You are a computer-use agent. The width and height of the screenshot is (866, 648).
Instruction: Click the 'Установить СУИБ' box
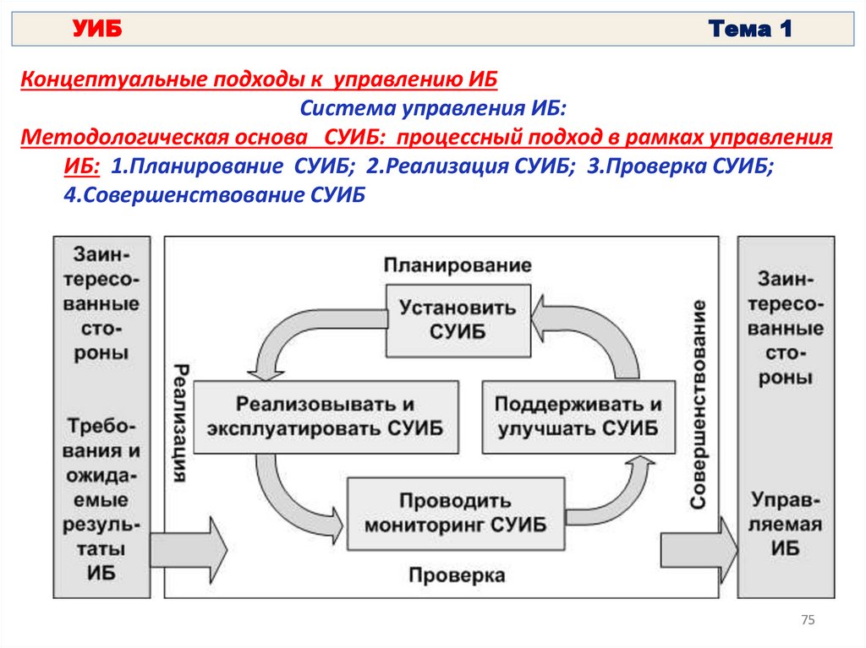457,318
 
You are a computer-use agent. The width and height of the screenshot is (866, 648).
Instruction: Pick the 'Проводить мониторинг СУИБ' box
456,513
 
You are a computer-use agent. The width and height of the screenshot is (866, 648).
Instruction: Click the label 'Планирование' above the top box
458,265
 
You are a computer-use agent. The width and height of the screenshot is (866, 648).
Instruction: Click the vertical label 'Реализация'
180,423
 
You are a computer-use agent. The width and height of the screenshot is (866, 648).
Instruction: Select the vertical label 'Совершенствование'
698,403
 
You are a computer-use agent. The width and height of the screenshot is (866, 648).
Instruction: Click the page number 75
807,621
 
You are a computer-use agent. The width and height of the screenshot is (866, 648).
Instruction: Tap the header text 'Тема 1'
750,30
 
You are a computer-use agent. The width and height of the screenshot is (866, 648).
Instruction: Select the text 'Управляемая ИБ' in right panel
786,524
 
